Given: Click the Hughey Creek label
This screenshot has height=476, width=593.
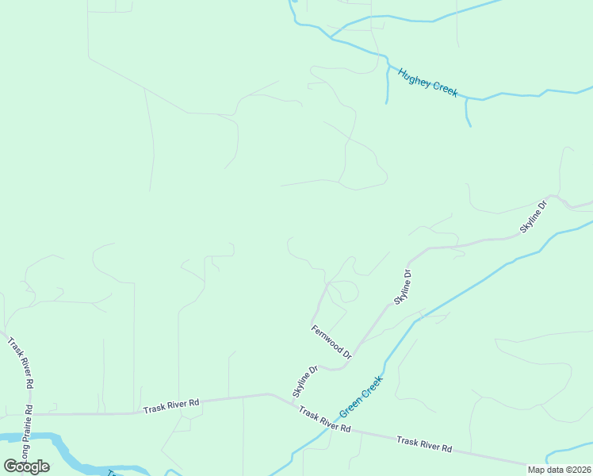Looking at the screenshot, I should [428, 83].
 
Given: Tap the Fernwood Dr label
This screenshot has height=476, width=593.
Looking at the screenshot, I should [331, 339].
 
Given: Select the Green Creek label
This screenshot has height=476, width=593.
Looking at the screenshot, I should [362, 397].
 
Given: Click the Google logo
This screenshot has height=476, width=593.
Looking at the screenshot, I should [26, 466].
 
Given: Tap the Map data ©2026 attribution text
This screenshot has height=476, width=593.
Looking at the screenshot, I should [559, 470].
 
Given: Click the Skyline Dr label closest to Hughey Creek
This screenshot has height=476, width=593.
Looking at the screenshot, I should [534, 216].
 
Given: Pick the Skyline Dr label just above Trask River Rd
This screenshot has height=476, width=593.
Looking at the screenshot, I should [304, 382].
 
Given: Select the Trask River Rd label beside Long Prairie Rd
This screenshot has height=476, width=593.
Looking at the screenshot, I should [19, 363].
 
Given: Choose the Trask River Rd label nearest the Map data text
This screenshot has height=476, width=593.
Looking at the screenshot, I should [424, 443].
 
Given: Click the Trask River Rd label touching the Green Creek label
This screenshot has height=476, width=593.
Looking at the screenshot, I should [325, 421].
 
